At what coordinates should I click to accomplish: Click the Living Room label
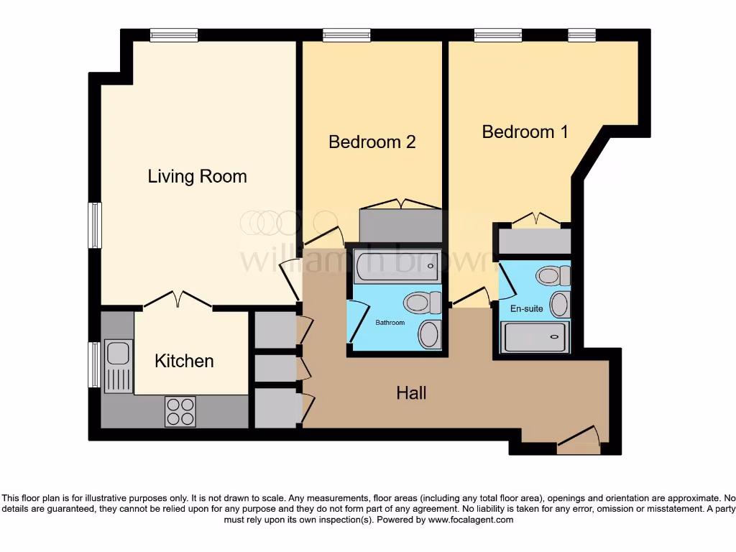(x=197, y=176)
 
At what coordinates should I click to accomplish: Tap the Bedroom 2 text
(x=372, y=142)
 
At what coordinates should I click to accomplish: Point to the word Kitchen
(x=184, y=361)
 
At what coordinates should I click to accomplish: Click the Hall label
(x=411, y=392)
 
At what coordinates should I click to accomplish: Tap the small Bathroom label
(x=390, y=323)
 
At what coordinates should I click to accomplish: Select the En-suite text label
(x=526, y=310)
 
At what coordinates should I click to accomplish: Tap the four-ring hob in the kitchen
(x=180, y=411)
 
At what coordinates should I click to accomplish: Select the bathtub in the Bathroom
(x=395, y=266)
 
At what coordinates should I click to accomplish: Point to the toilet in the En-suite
(x=554, y=275)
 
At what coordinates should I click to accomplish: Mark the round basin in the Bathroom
(x=430, y=334)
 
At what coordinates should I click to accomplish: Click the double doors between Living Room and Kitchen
(x=178, y=300)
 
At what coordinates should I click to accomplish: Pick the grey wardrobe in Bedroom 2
(x=400, y=226)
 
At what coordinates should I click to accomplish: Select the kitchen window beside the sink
(x=93, y=364)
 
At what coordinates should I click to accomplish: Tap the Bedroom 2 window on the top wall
(x=346, y=34)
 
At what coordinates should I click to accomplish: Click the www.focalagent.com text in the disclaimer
(x=471, y=520)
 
